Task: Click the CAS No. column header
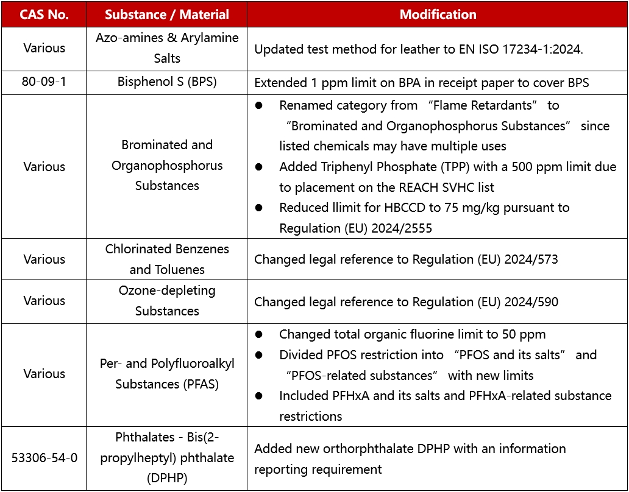click(x=44, y=15)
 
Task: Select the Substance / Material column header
click(x=166, y=15)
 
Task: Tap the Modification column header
click(x=438, y=15)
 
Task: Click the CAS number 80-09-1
click(x=44, y=82)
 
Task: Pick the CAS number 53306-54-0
click(x=44, y=458)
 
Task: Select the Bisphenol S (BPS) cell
click(x=166, y=82)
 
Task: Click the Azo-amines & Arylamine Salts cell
click(x=166, y=48)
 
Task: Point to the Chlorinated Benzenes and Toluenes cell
click(x=166, y=259)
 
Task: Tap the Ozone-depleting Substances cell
click(x=166, y=300)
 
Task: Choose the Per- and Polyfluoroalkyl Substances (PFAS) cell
click(x=166, y=374)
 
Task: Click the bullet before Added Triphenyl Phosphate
click(x=259, y=167)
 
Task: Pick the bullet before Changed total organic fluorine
click(x=259, y=334)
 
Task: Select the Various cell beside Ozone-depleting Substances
click(x=44, y=300)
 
